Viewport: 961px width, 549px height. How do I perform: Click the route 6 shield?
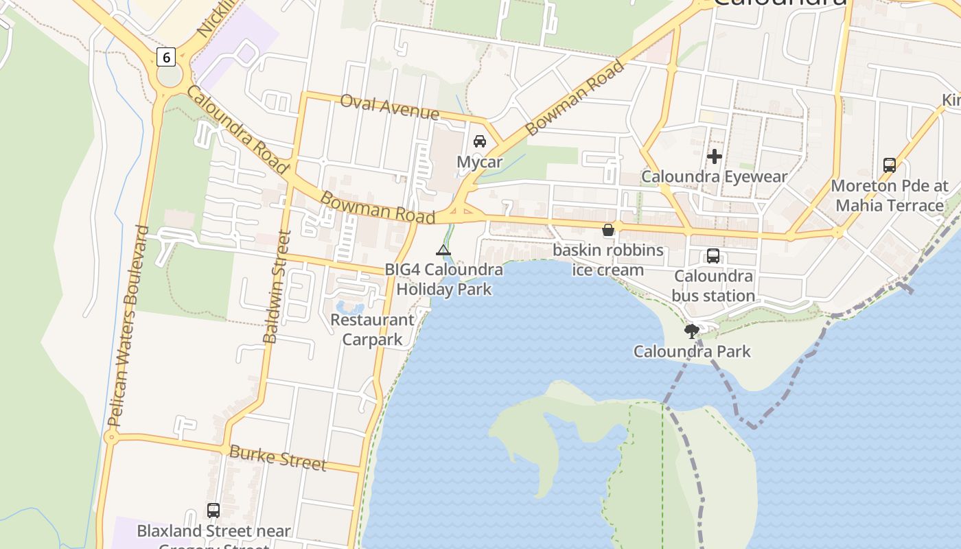165,57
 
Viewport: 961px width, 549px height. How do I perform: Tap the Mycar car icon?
480,141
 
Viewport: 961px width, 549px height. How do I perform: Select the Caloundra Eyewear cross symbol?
715,156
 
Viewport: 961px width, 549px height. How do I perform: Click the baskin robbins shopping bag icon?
608,230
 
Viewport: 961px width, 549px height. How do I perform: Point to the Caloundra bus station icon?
713,256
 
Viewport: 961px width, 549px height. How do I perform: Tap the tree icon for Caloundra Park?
692,331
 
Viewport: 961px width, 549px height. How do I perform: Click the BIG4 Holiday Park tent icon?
443,250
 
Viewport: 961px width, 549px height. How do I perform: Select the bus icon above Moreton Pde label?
890,165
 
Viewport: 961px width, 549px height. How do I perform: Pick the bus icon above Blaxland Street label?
213,511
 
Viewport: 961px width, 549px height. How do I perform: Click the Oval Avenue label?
389,106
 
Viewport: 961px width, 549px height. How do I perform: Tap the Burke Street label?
277,458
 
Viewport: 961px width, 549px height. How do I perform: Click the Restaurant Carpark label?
372,329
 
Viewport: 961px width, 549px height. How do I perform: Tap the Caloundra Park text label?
692,352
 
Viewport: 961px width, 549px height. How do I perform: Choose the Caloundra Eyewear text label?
715,177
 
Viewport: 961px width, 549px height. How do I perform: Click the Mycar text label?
480,163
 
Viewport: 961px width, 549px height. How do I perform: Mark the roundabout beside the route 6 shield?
170,75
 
